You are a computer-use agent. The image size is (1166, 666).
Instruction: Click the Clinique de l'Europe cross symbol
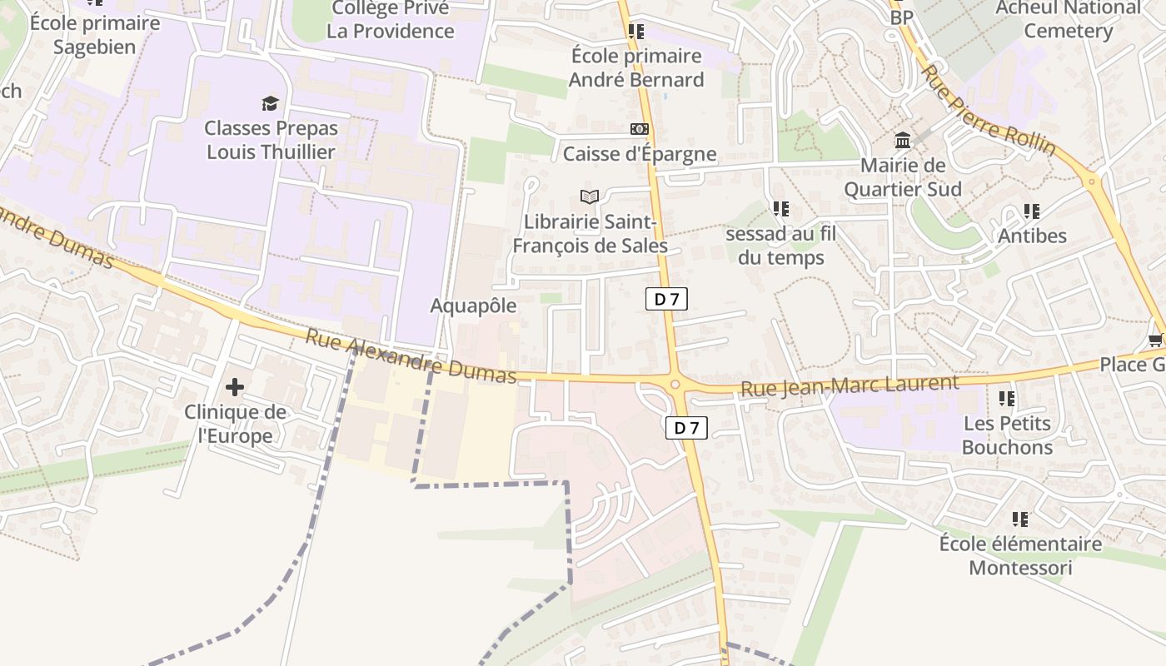(x=235, y=386)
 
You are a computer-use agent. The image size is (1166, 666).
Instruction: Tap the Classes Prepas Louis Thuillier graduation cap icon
(x=271, y=103)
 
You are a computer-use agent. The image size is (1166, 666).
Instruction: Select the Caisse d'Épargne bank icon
(x=639, y=129)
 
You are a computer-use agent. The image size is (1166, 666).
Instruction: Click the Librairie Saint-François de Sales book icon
(x=590, y=197)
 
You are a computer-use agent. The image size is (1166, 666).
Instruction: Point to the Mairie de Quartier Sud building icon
(x=903, y=140)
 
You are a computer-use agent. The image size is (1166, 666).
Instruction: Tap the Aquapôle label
(x=473, y=306)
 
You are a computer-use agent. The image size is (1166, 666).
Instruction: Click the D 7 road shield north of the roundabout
(x=666, y=299)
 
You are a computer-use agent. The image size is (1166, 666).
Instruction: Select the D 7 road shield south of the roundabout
(x=686, y=428)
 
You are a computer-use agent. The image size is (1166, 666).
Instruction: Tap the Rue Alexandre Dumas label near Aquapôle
(x=411, y=357)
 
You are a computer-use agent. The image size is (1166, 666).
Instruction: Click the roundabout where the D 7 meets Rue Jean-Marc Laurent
(x=675, y=384)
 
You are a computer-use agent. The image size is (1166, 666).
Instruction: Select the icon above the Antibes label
(x=1032, y=211)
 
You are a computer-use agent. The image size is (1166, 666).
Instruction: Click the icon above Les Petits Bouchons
(x=1007, y=399)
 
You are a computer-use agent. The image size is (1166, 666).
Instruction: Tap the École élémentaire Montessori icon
(x=1019, y=519)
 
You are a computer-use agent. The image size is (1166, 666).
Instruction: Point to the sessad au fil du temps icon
(x=780, y=208)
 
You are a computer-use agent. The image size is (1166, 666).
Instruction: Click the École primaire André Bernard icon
(x=636, y=32)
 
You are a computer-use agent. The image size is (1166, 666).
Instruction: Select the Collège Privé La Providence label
(x=391, y=20)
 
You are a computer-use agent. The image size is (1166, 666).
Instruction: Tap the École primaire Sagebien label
(x=94, y=34)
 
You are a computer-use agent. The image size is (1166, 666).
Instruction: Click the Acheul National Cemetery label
(x=1069, y=19)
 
